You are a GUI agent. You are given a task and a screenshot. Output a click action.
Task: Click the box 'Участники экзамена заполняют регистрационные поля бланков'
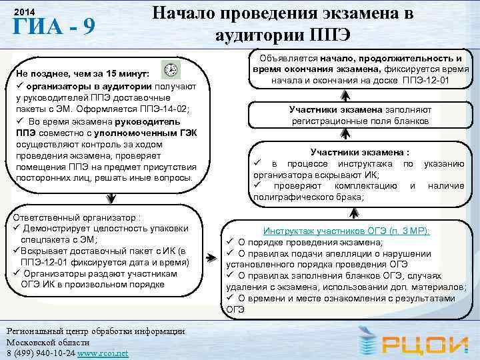point(360,115)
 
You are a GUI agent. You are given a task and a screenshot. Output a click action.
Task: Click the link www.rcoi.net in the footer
point(103,352)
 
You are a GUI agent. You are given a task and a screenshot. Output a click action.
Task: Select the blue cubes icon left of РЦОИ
point(365,343)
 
